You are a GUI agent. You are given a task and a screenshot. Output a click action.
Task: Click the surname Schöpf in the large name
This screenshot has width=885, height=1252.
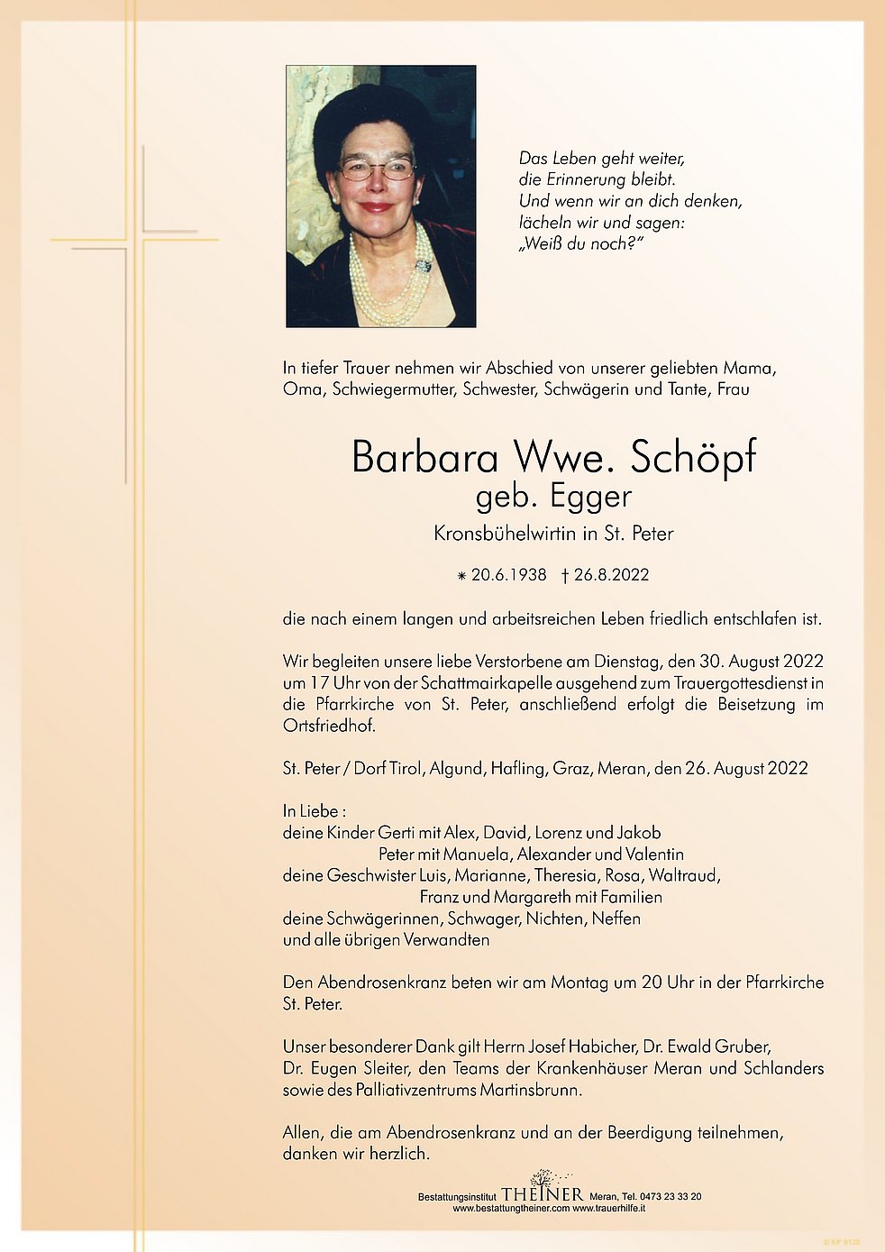[x=692, y=457]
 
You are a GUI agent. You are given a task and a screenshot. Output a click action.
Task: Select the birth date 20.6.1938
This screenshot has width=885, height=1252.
[x=508, y=575]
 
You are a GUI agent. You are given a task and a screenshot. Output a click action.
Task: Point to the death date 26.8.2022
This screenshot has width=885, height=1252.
[x=611, y=575]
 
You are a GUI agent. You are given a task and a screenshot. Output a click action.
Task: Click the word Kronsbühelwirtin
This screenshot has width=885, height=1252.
[x=504, y=534]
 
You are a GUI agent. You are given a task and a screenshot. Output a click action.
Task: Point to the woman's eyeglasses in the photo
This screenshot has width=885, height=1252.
[x=377, y=169]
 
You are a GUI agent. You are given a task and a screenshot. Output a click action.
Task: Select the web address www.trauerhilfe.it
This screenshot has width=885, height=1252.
[x=608, y=1209]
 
